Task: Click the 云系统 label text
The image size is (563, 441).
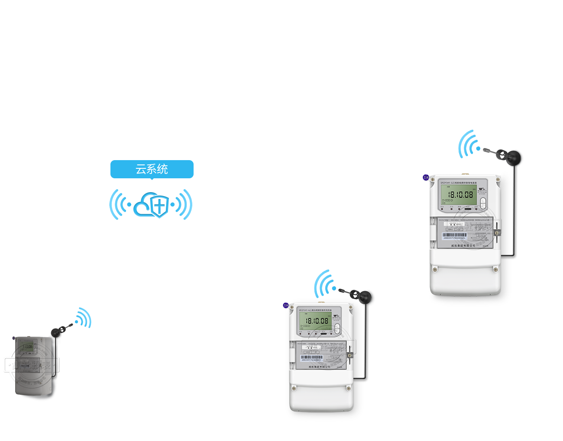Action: pos(152,169)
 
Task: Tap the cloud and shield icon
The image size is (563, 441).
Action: pos(150,205)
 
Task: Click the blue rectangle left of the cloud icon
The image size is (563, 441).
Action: pos(119,204)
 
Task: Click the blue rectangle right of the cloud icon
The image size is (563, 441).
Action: pos(182,204)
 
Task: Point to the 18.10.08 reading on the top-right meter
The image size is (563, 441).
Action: pos(460,195)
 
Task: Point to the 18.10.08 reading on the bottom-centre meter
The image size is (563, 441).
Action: pos(317,321)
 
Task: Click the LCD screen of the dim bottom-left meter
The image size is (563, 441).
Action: pos(27,347)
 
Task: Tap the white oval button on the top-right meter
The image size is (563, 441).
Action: pos(483,203)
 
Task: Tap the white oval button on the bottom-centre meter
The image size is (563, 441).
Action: pos(337,328)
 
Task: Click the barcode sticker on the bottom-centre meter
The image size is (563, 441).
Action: pos(312,359)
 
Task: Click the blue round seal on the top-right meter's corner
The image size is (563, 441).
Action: pos(426,177)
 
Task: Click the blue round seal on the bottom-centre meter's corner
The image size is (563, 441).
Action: pos(286,305)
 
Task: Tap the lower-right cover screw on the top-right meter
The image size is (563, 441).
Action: pos(496,270)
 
